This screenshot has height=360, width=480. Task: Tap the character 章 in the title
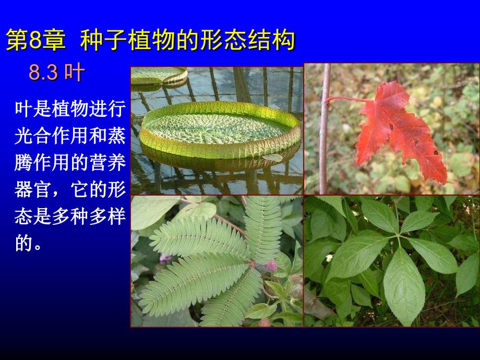tap(54, 40)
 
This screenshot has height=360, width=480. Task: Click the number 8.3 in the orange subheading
tap(43, 73)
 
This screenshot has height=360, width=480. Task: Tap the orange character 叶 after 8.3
tap(75, 73)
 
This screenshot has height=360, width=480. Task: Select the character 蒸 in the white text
tap(116, 136)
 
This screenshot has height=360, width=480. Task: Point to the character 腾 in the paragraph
tap(23, 162)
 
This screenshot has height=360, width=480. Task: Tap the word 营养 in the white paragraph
tap(107, 162)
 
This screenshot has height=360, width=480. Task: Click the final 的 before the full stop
tap(23, 243)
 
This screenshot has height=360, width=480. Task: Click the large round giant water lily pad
tap(220, 130)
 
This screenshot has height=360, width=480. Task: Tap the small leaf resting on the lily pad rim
tap(272, 158)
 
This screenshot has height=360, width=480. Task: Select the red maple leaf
tap(401, 131)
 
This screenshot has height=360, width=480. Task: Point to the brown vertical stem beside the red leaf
tap(325, 128)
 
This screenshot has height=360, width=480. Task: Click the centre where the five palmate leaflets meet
tap(398, 236)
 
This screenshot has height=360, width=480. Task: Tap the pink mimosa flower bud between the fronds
tap(271, 266)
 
